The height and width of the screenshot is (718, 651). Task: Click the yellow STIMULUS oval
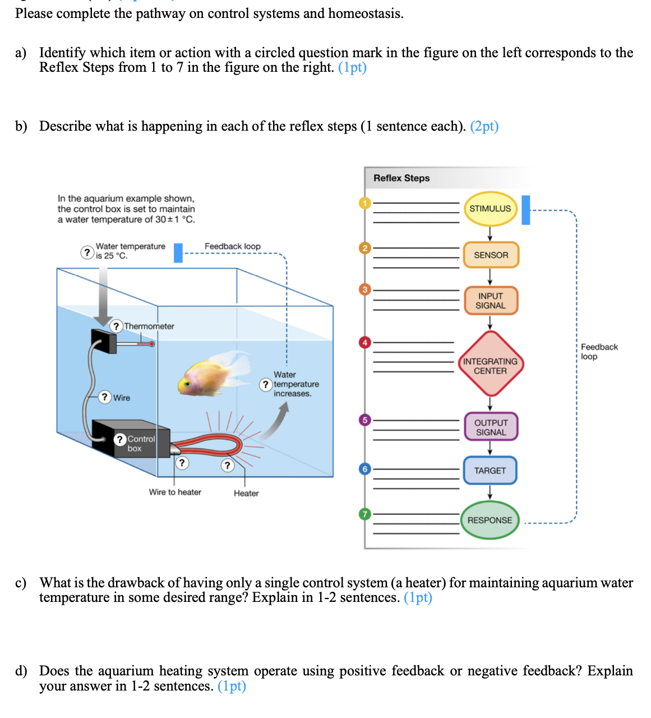[490, 209]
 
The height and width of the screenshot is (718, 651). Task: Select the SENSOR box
[491, 255]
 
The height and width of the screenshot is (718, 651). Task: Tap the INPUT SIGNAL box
[490, 301]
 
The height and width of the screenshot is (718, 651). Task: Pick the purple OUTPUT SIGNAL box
[491, 427]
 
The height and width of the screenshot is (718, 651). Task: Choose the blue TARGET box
[490, 471]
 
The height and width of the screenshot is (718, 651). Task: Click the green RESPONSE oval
[490, 520]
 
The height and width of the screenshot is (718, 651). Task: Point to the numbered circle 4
[365, 342]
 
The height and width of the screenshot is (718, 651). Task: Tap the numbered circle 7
[365, 514]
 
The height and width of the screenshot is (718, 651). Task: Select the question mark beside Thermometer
[116, 326]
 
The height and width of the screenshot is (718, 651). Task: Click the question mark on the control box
[120, 439]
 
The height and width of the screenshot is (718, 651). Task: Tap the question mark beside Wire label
[104, 397]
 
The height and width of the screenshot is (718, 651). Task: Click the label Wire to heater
[175, 492]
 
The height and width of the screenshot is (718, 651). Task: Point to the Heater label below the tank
[246, 493]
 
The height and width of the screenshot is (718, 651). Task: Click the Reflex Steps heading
[401, 178]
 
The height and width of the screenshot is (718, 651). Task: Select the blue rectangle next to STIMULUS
[525, 210]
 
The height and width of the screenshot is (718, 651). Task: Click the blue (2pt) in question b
[484, 126]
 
